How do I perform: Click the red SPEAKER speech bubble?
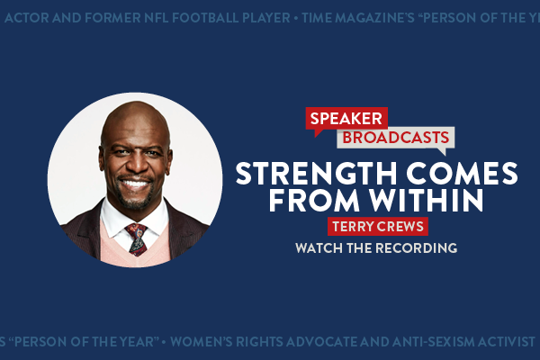(346, 119)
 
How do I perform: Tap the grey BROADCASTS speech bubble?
(396, 138)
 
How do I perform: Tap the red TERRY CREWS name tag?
(377, 227)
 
